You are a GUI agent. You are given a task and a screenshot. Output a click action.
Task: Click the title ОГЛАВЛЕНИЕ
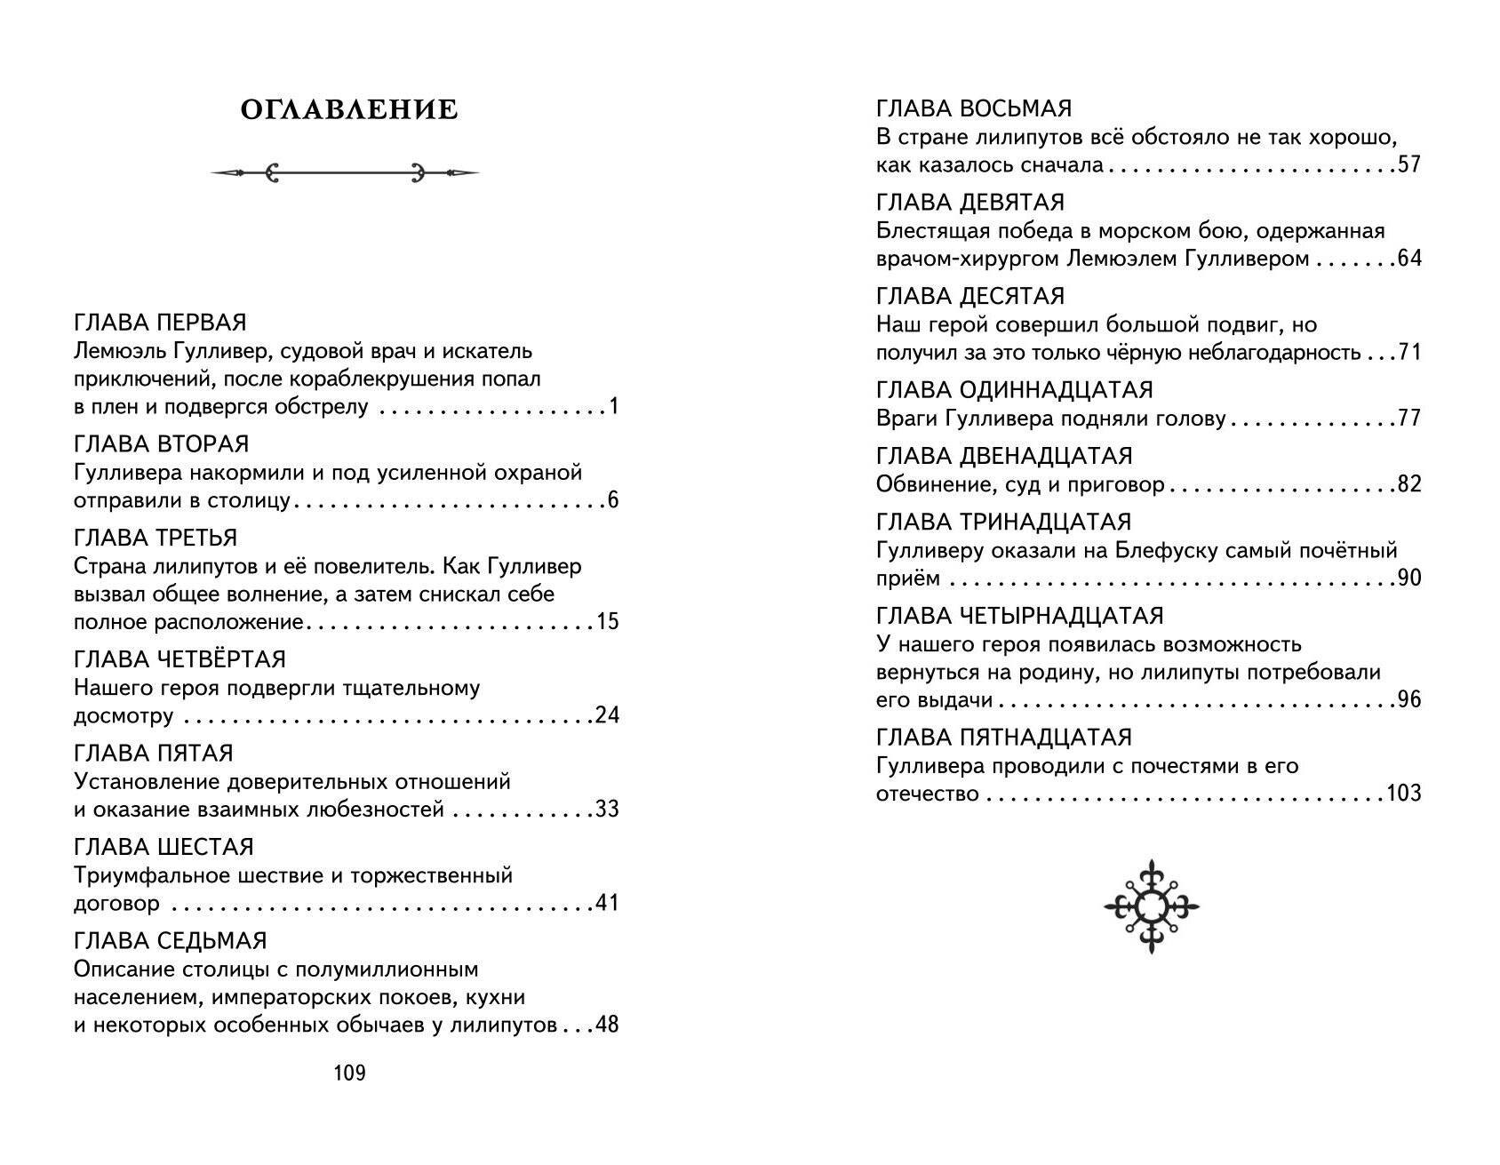(x=349, y=110)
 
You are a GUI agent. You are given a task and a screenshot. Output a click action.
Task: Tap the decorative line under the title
(x=345, y=172)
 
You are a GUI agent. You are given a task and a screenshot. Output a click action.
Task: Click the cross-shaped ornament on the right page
(x=1152, y=906)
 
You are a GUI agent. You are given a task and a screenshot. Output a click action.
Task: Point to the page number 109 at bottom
(x=349, y=1073)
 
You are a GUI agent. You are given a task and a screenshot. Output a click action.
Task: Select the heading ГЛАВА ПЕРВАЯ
(x=160, y=323)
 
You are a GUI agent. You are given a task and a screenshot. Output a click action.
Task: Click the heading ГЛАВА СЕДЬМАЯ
(x=171, y=940)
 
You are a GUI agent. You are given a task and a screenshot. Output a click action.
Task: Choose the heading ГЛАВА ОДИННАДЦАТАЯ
(x=1015, y=390)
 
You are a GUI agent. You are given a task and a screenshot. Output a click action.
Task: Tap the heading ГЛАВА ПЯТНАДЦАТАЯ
(x=1004, y=738)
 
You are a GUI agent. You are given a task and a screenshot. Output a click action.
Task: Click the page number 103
(x=1403, y=794)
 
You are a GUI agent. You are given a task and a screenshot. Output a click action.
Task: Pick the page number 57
(x=1409, y=165)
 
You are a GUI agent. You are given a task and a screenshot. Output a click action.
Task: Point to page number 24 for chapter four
(x=607, y=715)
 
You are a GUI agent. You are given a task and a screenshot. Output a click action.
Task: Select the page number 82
(x=1409, y=484)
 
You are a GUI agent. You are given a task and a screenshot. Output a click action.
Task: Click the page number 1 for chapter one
(x=613, y=408)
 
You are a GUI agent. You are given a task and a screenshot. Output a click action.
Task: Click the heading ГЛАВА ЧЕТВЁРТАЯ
(x=180, y=659)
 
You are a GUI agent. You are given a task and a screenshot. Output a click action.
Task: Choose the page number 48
(x=607, y=1025)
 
